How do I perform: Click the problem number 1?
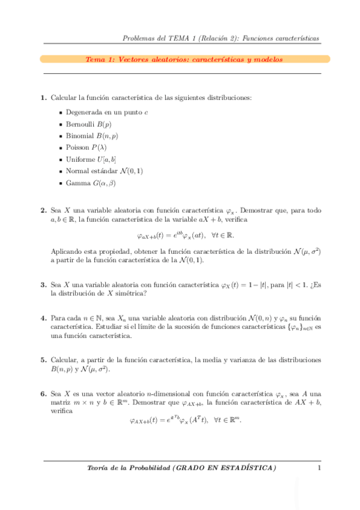[43, 97]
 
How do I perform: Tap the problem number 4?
[43, 318]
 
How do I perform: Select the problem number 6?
[43, 392]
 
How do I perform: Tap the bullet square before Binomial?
[61, 136]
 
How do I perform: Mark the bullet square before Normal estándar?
[61, 171]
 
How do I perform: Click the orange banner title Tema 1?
[184, 60]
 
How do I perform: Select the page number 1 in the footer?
[319, 468]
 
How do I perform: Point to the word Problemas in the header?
[138, 38]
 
